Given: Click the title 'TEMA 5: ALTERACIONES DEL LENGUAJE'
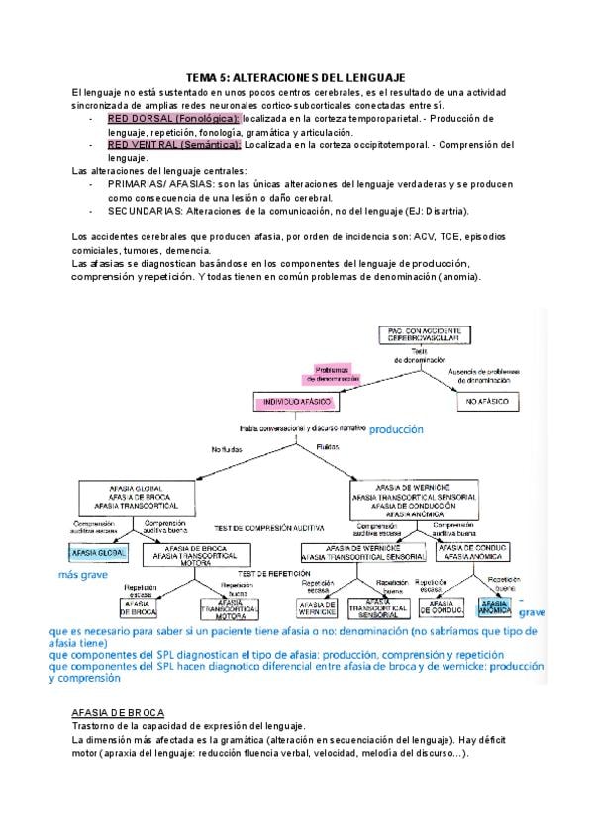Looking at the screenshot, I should coord(296,78).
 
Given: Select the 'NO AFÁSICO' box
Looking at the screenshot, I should coord(488,402).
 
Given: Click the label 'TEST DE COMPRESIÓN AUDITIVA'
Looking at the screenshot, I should coord(275,527).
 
